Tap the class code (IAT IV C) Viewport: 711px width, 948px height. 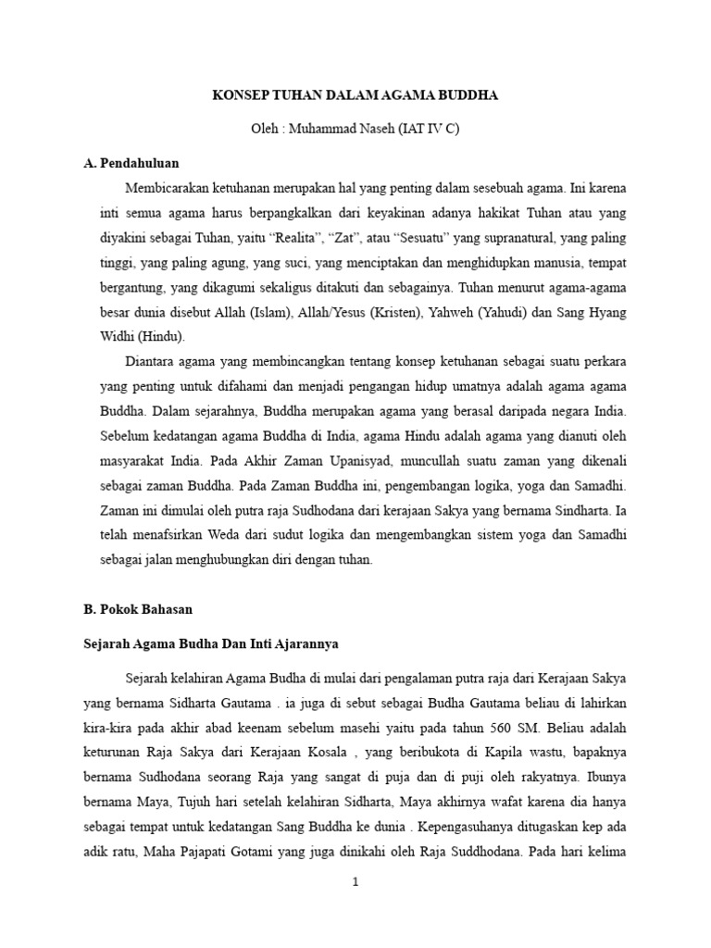tap(429, 130)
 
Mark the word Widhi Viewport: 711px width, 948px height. tap(118, 337)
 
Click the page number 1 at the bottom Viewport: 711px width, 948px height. tap(355, 882)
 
